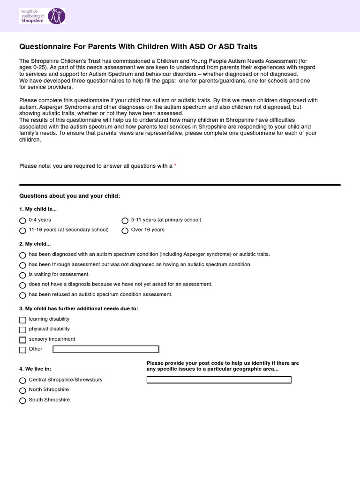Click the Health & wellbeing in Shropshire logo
pyautogui.click(x=42, y=15)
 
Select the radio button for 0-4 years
pyautogui.click(x=22, y=220)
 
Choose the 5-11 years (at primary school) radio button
pyautogui.click(x=125, y=220)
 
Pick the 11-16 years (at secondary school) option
pyautogui.click(x=22, y=231)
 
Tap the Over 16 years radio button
pyautogui.click(x=125, y=231)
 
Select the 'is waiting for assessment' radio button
pyautogui.click(x=22, y=275)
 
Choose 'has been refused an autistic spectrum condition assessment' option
pyautogui.click(x=22, y=295)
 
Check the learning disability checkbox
pyautogui.click(x=22, y=320)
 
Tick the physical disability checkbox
pyautogui.click(x=22, y=330)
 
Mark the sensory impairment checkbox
pyautogui.click(x=22, y=340)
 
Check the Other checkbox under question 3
pyautogui.click(x=22, y=350)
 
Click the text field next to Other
pyautogui.click(x=106, y=349)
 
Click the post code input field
pyautogui.click(x=219, y=380)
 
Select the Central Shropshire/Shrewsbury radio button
pyautogui.click(x=22, y=380)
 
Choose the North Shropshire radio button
pyautogui.click(x=22, y=390)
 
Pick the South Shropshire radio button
pyautogui.click(x=22, y=401)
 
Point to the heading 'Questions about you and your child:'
pyautogui.click(x=69, y=196)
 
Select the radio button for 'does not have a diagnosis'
pyautogui.click(x=22, y=285)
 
